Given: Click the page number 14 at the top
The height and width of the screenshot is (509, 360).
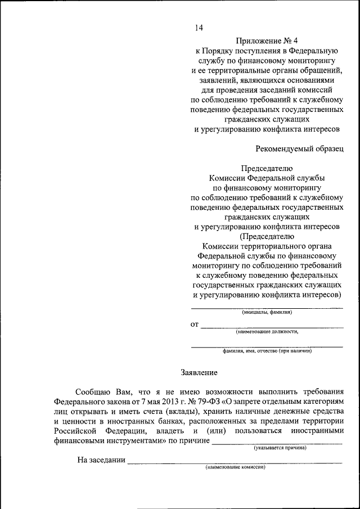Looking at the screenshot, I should (199, 28).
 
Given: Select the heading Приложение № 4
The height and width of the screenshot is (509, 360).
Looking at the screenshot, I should (267, 40).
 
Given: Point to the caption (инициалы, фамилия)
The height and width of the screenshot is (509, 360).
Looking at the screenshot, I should (267, 312).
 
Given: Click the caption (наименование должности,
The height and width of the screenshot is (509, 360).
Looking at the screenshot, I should (267, 332).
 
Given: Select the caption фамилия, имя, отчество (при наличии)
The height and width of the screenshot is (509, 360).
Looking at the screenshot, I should (267, 352).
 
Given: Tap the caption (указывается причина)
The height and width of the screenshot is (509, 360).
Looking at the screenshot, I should (280, 448).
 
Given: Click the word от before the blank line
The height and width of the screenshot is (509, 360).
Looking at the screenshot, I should (195, 325).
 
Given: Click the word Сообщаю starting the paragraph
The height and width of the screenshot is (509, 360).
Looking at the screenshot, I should (94, 391).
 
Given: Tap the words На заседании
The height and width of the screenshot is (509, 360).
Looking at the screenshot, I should (101, 460).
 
